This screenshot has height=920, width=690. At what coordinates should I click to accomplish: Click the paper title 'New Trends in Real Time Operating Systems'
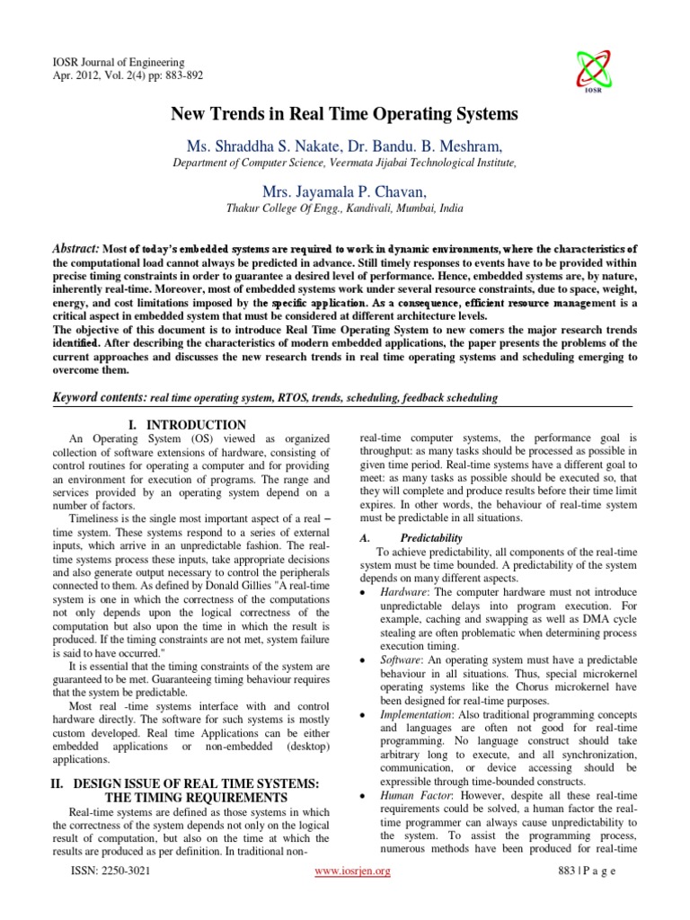click(345, 114)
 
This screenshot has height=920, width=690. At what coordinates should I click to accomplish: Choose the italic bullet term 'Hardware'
click(402, 594)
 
